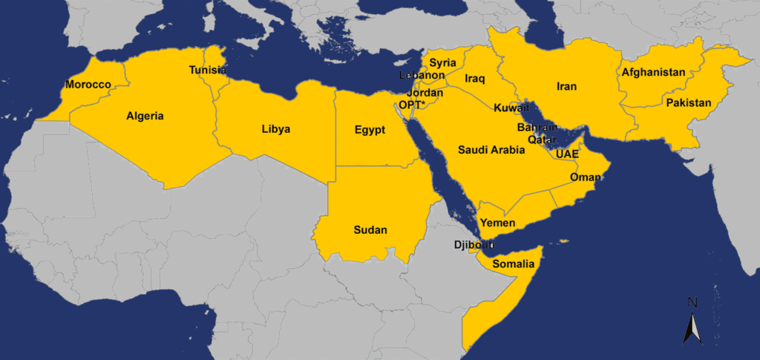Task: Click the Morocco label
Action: click(x=88, y=85)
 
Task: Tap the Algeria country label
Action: click(x=145, y=116)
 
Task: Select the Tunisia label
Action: click(x=208, y=70)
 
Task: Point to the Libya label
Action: click(x=276, y=129)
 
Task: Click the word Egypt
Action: click(x=370, y=131)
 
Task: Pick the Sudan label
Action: click(x=370, y=229)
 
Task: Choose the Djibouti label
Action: click(x=473, y=245)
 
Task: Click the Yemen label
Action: click(x=499, y=223)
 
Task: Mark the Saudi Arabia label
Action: click(x=491, y=150)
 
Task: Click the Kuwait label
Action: click(x=511, y=108)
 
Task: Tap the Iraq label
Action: click(x=475, y=78)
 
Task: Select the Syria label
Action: click(x=443, y=62)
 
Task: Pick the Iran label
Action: click(x=567, y=87)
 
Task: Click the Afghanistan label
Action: click(x=653, y=73)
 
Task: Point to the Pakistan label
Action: click(x=688, y=102)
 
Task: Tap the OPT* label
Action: click(x=413, y=105)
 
